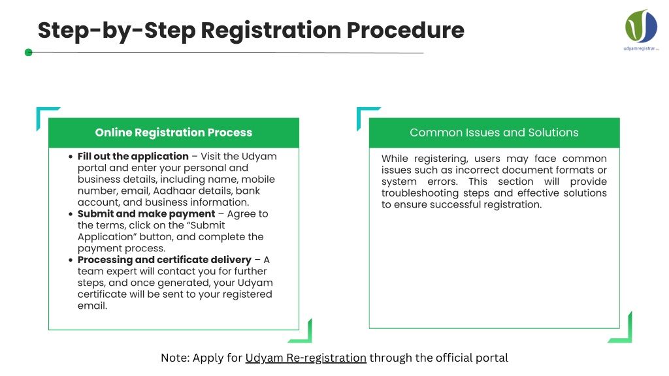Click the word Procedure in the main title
pos(405,30)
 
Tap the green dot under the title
pos(29,52)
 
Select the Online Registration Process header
pos(174,133)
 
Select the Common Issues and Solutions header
pos(494,133)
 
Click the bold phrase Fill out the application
pos(133,157)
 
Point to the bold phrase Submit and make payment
pos(146,214)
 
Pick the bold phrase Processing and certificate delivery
pos(164,260)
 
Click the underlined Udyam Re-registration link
pos(306,358)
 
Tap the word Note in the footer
pos(174,358)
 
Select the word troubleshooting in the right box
pos(420,193)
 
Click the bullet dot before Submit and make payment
pos(71,214)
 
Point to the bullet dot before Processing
pos(71,260)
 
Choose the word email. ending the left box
pos(92,306)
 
